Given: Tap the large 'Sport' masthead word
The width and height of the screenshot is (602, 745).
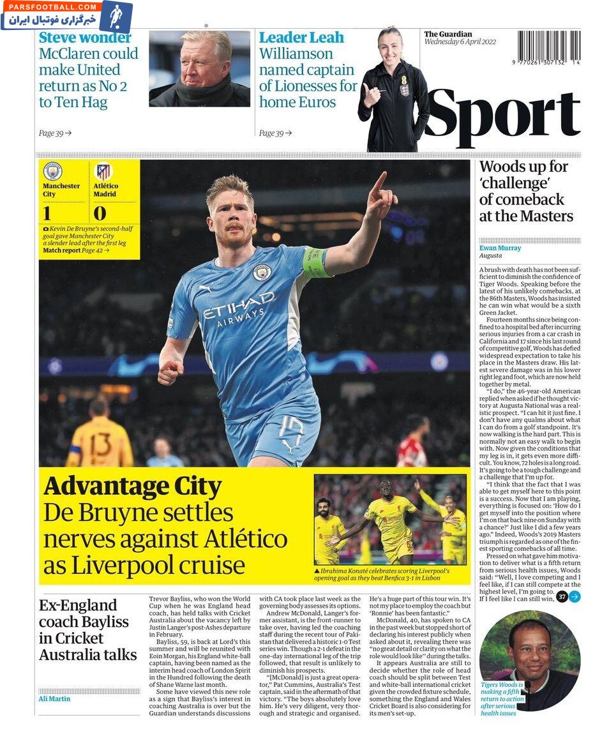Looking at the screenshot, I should point(502,117).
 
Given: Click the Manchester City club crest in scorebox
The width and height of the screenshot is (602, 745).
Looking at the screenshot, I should point(53,171).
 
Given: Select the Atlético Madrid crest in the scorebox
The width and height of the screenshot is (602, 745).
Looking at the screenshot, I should point(103,171).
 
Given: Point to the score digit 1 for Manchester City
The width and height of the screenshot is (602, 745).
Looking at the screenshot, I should point(47,213).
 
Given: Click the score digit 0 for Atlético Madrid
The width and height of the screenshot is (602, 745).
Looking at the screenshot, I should point(100,213).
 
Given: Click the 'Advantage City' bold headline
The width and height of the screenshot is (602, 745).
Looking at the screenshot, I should point(132,487).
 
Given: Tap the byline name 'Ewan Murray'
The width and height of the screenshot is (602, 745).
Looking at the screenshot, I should point(500,248).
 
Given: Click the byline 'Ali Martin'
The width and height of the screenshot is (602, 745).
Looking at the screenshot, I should point(54,698).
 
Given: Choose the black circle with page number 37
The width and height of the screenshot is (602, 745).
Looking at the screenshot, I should point(562,597).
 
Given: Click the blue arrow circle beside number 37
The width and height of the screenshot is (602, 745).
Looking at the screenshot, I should point(575,597).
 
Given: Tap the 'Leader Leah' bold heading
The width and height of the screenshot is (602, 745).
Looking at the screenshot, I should point(301,38).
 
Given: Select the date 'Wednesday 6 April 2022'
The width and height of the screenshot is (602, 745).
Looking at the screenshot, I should point(460,42).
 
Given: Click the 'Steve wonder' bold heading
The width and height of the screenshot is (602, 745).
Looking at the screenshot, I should point(85,38).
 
